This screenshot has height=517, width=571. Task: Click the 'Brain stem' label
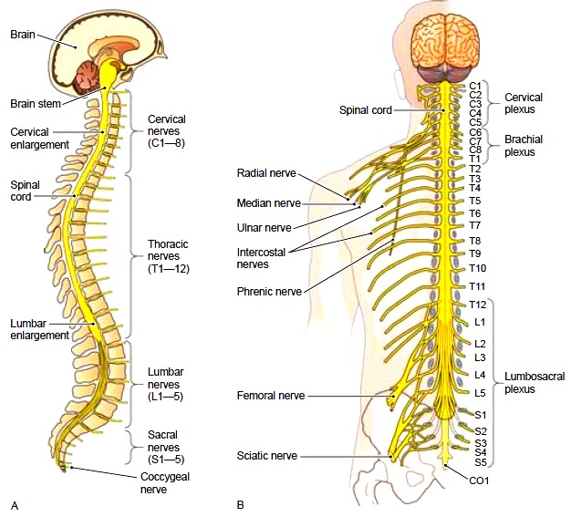pyautogui.click(x=36, y=104)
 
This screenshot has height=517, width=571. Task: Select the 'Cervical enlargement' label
pyautogui.click(x=39, y=139)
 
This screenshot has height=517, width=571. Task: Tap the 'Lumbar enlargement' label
pyautogui.click(x=39, y=329)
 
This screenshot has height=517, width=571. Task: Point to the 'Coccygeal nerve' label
pyautogui.click(x=165, y=482)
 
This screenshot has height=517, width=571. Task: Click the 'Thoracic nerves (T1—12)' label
pyautogui.click(x=168, y=256)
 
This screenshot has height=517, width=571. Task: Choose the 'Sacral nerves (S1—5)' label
pyautogui.click(x=166, y=447)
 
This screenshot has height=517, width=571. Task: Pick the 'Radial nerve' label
pyautogui.click(x=266, y=173)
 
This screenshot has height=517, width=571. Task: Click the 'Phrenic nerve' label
pyautogui.click(x=269, y=292)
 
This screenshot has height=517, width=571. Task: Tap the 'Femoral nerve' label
pyautogui.click(x=271, y=396)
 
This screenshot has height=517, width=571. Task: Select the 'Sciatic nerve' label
pyautogui.click(x=267, y=456)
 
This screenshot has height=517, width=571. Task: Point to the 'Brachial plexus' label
pyautogui.click(x=524, y=146)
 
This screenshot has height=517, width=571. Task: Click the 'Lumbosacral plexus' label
pyautogui.click(x=535, y=383)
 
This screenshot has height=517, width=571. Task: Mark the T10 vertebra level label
pyautogui.click(x=477, y=269)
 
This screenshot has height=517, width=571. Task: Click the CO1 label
pyautogui.click(x=479, y=481)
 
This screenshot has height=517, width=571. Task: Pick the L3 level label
pyautogui.click(x=480, y=357)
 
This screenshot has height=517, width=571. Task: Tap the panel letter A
pyautogui.click(x=15, y=506)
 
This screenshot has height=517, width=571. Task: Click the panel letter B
pyautogui.click(x=240, y=505)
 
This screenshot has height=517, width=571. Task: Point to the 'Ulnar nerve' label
pyautogui.click(x=264, y=228)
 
